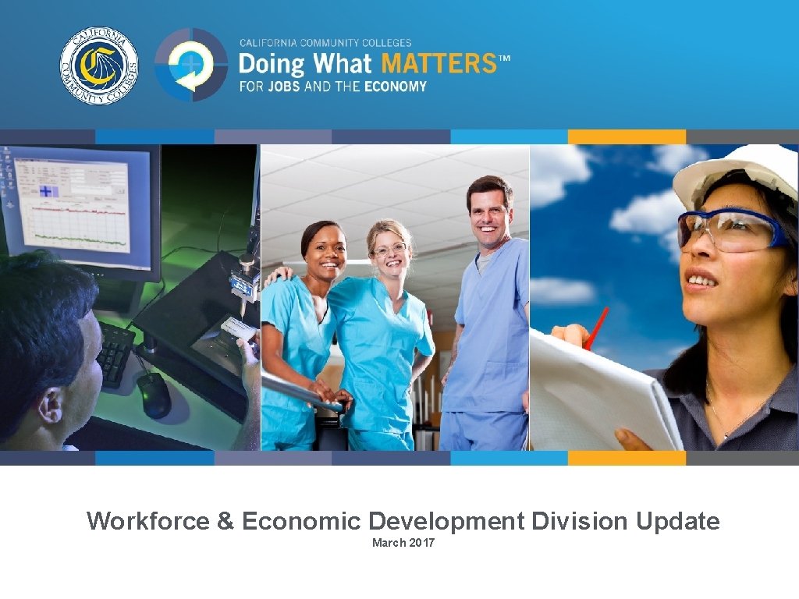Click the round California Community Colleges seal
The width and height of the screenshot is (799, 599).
click(99, 66)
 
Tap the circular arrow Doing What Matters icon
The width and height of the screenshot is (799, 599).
click(190, 66)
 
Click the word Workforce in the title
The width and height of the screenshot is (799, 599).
click(148, 521)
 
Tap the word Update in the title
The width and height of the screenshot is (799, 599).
click(678, 521)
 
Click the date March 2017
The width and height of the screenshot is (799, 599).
click(403, 543)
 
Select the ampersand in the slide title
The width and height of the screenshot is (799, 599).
click(225, 521)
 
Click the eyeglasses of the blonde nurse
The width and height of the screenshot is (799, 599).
click(390, 250)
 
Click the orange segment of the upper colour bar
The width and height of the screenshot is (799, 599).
click(627, 137)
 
